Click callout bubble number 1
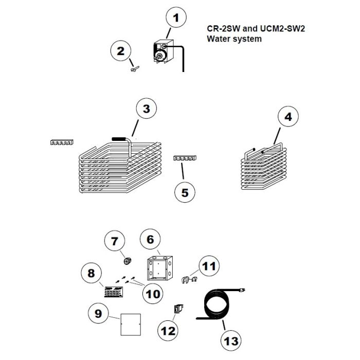coord(176,19)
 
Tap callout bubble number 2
coord(121,51)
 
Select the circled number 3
coord(147,109)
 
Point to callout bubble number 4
coord(288,117)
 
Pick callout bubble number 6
coord(151,240)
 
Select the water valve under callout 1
coord(163,53)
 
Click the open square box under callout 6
coord(159,267)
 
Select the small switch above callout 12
coord(177,309)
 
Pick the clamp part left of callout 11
coord(187,280)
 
